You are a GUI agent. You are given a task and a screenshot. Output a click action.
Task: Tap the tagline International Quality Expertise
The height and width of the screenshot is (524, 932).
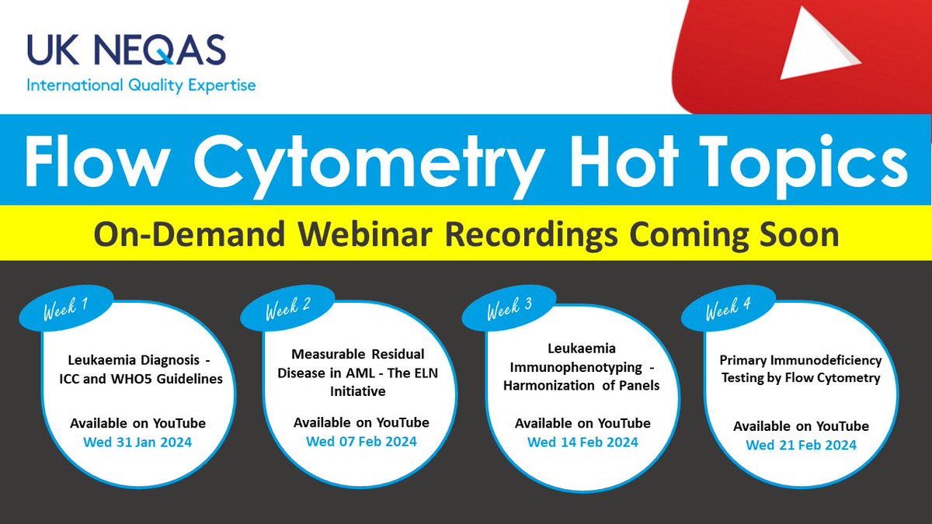141,85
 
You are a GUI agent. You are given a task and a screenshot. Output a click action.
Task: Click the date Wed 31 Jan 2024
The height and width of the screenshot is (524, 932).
137,443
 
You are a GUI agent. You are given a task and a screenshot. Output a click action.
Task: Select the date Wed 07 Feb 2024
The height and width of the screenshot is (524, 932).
361,442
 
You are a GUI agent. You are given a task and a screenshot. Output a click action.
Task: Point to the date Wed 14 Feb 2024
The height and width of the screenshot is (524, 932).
582,442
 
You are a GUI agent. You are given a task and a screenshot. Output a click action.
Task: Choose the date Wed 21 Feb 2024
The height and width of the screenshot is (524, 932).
801,446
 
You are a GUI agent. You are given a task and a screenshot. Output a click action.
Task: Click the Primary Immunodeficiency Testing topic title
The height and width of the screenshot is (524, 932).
801,369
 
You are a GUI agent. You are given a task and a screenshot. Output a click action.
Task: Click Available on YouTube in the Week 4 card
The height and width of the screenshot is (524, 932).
801,426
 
